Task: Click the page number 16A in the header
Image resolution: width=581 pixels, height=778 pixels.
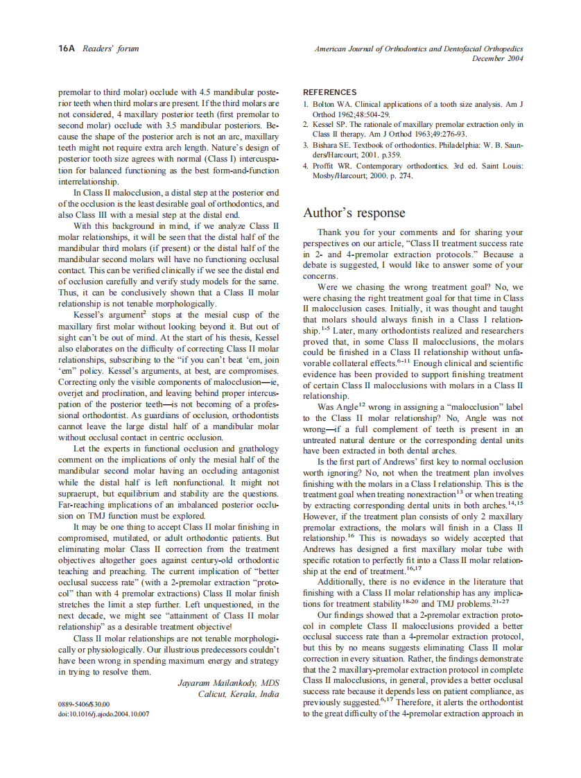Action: pyautogui.click(x=67, y=49)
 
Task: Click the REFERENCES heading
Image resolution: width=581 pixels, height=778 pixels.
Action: pyautogui.click(x=330, y=92)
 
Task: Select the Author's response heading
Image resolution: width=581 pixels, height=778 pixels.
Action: pyautogui.click(x=354, y=213)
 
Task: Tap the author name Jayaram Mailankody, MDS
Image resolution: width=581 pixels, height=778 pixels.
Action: pyautogui.click(x=228, y=683)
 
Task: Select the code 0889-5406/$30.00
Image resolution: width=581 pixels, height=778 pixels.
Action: pyautogui.click(x=83, y=704)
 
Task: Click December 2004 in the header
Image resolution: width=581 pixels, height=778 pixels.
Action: pyautogui.click(x=497, y=59)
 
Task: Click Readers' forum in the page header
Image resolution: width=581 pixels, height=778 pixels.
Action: pyautogui.click(x=111, y=49)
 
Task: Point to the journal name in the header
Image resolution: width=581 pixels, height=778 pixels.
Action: pyautogui.click(x=418, y=49)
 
